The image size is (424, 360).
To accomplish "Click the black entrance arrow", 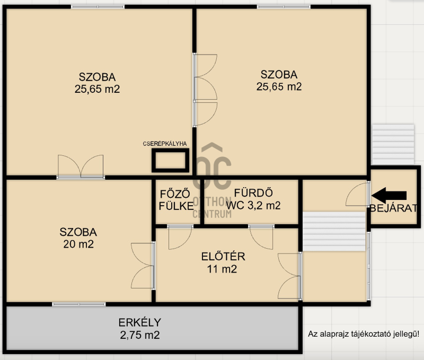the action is point(389,196).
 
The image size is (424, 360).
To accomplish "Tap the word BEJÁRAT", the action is point(393,208).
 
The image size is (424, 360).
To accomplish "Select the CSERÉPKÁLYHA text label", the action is point(165,144).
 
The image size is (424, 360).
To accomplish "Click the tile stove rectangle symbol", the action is point(170,161).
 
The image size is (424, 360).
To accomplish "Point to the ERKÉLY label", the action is point(139,322).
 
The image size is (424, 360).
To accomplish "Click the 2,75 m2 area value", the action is point(140,335).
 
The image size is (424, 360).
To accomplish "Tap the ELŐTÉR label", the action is point(223,257).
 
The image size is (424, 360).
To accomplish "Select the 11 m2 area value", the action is point(222,269).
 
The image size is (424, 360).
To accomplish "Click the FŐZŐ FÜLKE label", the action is point(176,200).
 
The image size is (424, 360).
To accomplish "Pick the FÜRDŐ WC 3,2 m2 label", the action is point(253,199).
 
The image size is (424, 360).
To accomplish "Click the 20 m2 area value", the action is point(78,244).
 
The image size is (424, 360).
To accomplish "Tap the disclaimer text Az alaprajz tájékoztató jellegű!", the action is point(364,334).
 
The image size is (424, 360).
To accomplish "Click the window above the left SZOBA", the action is point(98,7).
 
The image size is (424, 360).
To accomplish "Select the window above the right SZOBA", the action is point(284,7).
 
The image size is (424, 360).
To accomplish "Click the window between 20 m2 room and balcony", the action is point(78,304).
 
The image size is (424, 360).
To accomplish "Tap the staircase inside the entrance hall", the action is point(334,232).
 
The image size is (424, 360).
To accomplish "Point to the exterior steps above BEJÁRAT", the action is point(393,144).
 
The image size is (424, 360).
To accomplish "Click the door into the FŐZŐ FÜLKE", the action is point(180,236).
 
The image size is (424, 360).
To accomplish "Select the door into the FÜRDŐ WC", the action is point(261,236).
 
